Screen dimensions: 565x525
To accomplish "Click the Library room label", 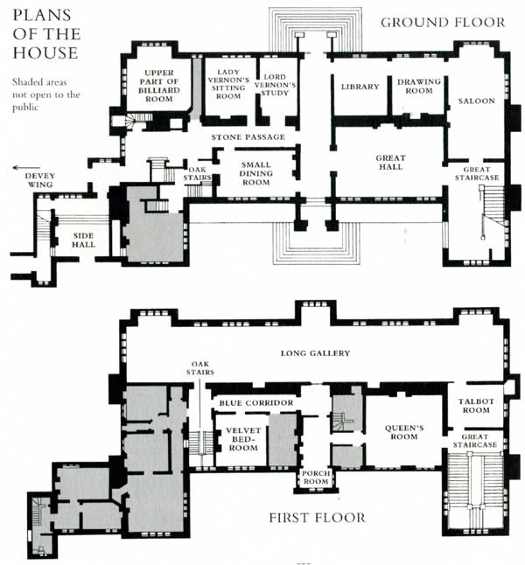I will [360, 87].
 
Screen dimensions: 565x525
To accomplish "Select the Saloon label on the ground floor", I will [477, 101].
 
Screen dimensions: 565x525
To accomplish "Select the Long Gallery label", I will [314, 353].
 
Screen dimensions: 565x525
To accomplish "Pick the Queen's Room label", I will [404, 434].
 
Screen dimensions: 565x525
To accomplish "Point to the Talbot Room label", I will [478, 407].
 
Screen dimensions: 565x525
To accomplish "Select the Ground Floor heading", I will [442, 22].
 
